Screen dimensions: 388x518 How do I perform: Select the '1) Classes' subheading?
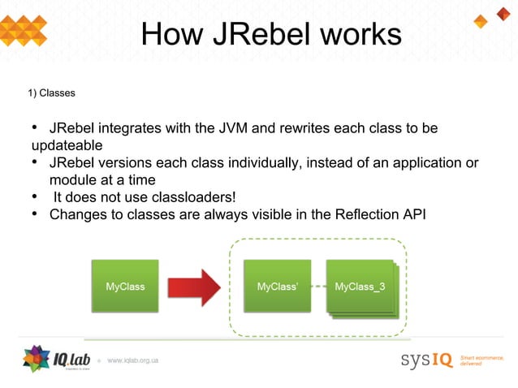coord(51,93)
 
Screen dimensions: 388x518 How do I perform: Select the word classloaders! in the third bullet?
coord(196,197)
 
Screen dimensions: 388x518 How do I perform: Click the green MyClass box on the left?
coord(125,286)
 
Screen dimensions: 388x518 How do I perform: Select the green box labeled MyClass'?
coord(277,286)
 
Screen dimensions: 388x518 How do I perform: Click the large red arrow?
coord(194,287)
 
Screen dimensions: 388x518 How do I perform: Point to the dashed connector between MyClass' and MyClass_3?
coord(318,287)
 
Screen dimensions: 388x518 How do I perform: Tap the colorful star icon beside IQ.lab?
coord(37,359)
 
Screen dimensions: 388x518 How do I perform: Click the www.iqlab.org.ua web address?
coord(132,360)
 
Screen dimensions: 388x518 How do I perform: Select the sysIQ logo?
coord(425,360)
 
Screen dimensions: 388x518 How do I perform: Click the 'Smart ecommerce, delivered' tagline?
coord(482,360)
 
